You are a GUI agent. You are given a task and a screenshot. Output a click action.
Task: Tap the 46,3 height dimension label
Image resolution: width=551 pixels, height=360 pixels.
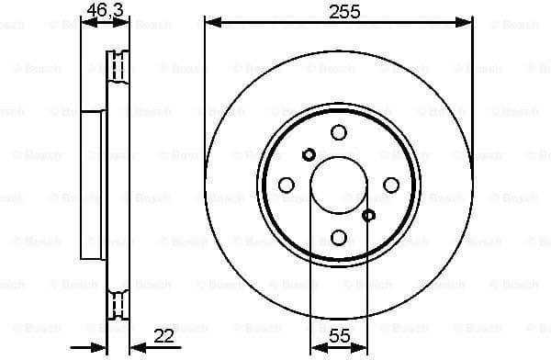[102, 10]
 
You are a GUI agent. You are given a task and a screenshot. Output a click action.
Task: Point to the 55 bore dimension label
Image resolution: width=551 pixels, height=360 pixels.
[339, 337]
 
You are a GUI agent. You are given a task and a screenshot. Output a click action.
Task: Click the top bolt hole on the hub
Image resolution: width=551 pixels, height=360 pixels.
[339, 133]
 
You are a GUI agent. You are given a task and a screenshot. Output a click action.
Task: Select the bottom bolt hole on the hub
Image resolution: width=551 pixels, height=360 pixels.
[339, 236]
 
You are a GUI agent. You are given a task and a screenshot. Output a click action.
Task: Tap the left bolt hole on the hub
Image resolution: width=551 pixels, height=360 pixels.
[287, 185]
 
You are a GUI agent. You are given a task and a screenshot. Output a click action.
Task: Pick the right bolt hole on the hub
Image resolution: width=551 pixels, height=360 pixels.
[390, 185]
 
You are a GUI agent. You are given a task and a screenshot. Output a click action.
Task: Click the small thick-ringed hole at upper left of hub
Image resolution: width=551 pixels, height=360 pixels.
[309, 154]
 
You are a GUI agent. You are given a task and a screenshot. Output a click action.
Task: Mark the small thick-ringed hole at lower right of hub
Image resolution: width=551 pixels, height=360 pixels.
[369, 216]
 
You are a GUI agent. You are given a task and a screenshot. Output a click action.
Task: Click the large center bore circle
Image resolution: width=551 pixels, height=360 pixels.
[339, 185]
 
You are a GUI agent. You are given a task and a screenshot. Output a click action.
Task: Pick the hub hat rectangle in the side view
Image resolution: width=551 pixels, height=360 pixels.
[95, 185]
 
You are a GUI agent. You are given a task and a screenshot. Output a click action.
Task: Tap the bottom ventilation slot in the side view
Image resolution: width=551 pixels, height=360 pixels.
[117, 303]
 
